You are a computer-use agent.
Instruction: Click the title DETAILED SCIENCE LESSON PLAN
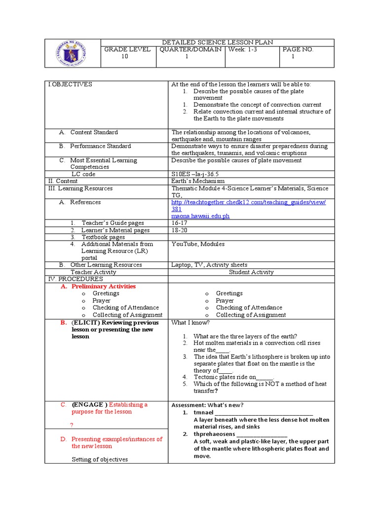click(217, 43)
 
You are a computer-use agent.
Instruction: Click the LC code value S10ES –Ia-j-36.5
click(195, 174)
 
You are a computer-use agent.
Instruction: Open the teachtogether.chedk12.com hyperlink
click(248, 202)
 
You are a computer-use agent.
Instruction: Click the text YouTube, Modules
click(198, 244)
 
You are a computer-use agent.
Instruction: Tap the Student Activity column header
click(251, 272)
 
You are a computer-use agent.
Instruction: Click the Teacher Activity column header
click(93, 272)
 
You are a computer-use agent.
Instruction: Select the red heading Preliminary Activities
click(104, 286)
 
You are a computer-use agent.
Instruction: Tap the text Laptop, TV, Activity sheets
click(209, 265)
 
